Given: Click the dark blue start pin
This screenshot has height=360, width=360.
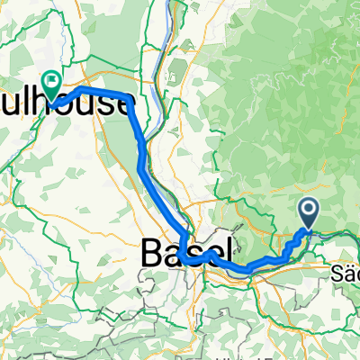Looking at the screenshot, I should (x=309, y=213).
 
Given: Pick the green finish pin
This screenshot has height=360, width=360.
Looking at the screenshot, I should (x=53, y=84).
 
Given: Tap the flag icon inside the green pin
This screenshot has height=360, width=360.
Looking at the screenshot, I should (x=53, y=81).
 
